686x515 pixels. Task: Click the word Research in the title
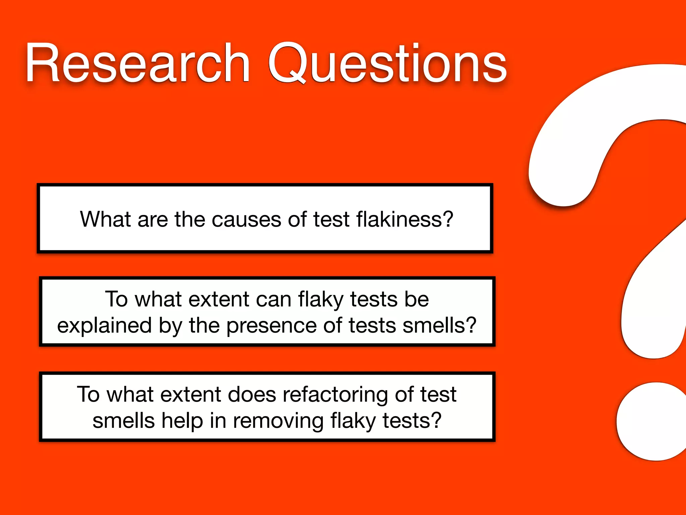click(137, 63)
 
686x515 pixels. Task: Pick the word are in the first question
click(152, 220)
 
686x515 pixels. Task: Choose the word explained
click(104, 326)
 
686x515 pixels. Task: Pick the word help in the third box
click(182, 421)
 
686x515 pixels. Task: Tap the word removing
click(278, 421)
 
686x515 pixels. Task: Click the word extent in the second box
click(219, 299)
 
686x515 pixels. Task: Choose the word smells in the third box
click(124, 421)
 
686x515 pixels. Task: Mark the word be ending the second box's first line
click(416, 299)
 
